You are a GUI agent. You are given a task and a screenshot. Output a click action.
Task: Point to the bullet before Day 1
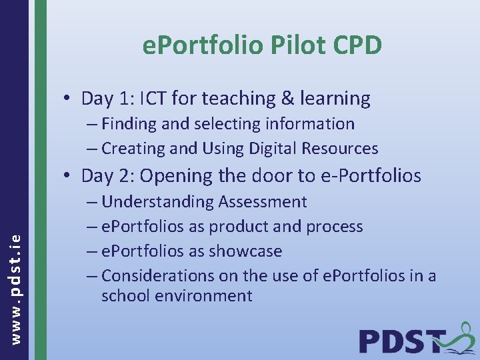(x=68, y=99)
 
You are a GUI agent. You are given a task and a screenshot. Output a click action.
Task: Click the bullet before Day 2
(x=68, y=177)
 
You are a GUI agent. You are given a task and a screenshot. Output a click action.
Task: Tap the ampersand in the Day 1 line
(x=287, y=99)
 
